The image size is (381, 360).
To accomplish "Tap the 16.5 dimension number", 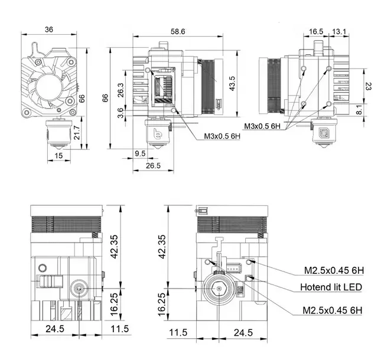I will coord(316,31).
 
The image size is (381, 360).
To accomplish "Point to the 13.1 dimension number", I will coord(339,31).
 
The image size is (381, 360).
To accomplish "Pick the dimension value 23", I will coord(368,86).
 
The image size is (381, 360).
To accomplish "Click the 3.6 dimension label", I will coord(121,112).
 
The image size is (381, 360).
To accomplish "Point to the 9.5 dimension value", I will coord(139,153).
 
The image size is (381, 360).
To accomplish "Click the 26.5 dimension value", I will coord(153,166).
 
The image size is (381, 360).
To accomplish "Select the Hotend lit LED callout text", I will coord(331,287).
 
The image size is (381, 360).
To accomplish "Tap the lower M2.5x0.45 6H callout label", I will coord(333,310).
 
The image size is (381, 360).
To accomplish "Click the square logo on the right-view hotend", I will coord(324,133).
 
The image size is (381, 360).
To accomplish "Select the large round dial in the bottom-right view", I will coord(220,291).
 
